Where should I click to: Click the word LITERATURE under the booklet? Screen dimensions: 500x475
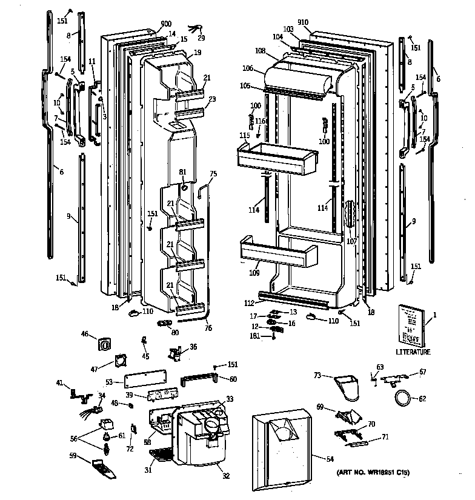point(413,352)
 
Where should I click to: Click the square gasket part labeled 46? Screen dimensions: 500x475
point(105,344)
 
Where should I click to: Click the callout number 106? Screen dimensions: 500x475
point(247,68)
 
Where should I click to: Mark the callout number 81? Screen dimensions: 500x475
point(182,173)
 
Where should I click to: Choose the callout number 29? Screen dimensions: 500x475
point(202,38)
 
